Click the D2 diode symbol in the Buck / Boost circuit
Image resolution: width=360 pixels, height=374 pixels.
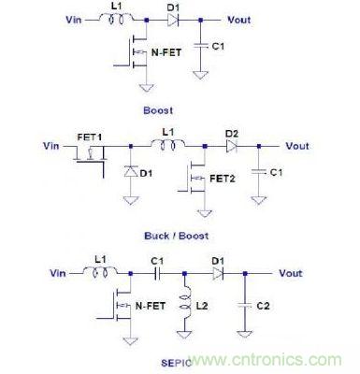(228, 146)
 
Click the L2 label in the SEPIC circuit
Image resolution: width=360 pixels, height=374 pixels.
(209, 304)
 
